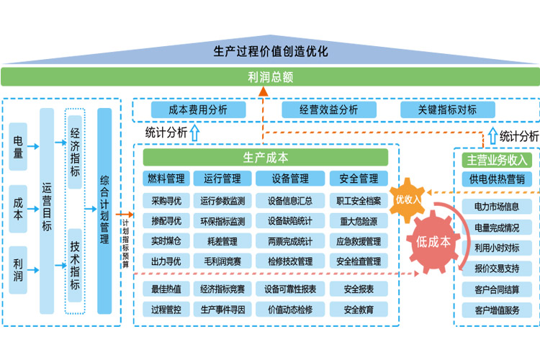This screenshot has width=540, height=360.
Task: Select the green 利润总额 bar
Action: (x=270, y=77)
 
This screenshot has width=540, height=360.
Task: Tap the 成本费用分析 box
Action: (x=197, y=110)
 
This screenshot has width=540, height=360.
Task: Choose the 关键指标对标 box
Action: (x=447, y=110)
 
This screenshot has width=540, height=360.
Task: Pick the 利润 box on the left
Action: (x=18, y=270)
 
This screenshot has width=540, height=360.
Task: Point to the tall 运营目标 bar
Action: (x=47, y=211)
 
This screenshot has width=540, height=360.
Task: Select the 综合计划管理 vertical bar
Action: (x=104, y=211)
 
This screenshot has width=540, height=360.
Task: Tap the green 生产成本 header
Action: (x=271, y=158)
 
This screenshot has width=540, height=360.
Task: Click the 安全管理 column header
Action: (x=358, y=179)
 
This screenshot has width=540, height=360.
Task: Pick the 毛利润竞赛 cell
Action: (x=223, y=261)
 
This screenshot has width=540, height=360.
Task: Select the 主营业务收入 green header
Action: (x=497, y=160)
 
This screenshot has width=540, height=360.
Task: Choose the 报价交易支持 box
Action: (x=497, y=269)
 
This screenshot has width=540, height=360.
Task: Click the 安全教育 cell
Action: (x=358, y=310)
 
